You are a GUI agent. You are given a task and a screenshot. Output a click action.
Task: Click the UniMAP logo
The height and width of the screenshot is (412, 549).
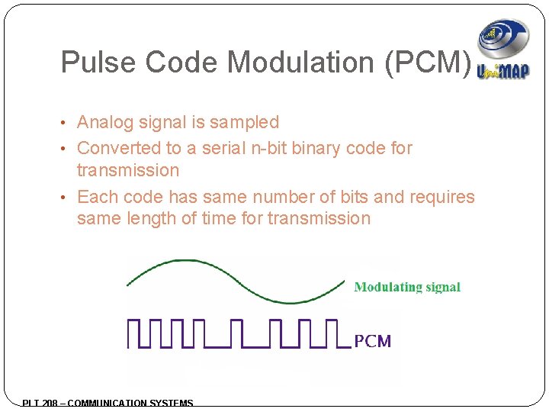click(502, 49)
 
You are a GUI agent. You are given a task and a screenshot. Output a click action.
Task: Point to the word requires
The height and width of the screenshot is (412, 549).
click(442, 197)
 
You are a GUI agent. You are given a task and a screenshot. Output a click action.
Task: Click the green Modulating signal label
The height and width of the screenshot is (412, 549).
click(407, 288)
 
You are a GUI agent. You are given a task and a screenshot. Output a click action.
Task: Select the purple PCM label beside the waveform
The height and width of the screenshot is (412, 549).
click(373, 341)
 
